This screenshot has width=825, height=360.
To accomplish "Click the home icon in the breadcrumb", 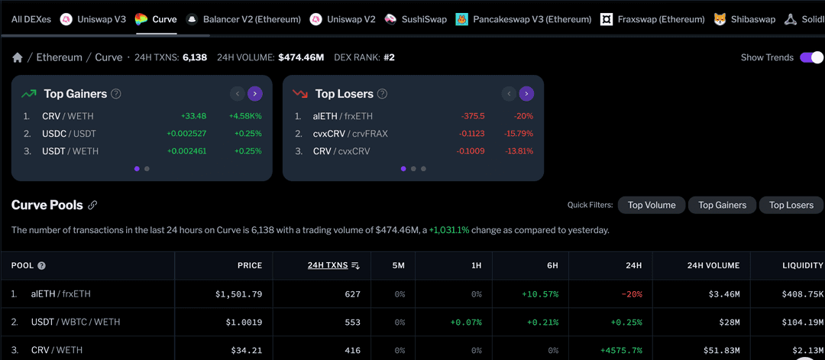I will pyautogui.click(x=17, y=57).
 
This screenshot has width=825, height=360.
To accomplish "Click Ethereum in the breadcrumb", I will pyautogui.click(x=59, y=57).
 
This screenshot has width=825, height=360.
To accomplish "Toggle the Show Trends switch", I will pyautogui.click(x=811, y=57).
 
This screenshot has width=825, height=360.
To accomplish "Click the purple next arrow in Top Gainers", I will pyautogui.click(x=255, y=94).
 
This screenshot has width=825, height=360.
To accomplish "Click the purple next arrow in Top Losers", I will pyautogui.click(x=526, y=94).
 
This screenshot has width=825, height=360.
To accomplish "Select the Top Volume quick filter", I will pyautogui.click(x=652, y=205).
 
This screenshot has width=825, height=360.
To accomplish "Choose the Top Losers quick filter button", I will pyautogui.click(x=791, y=205).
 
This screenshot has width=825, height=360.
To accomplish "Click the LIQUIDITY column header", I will pyautogui.click(x=802, y=265).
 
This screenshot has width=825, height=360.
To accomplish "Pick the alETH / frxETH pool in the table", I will pyautogui.click(x=60, y=294).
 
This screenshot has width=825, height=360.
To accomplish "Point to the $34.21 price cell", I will pyautogui.click(x=246, y=350).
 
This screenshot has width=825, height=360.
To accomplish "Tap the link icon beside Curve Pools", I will pyautogui.click(x=92, y=205).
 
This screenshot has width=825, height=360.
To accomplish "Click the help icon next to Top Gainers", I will pyautogui.click(x=116, y=94).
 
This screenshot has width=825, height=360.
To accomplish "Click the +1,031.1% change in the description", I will pyautogui.click(x=449, y=230).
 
